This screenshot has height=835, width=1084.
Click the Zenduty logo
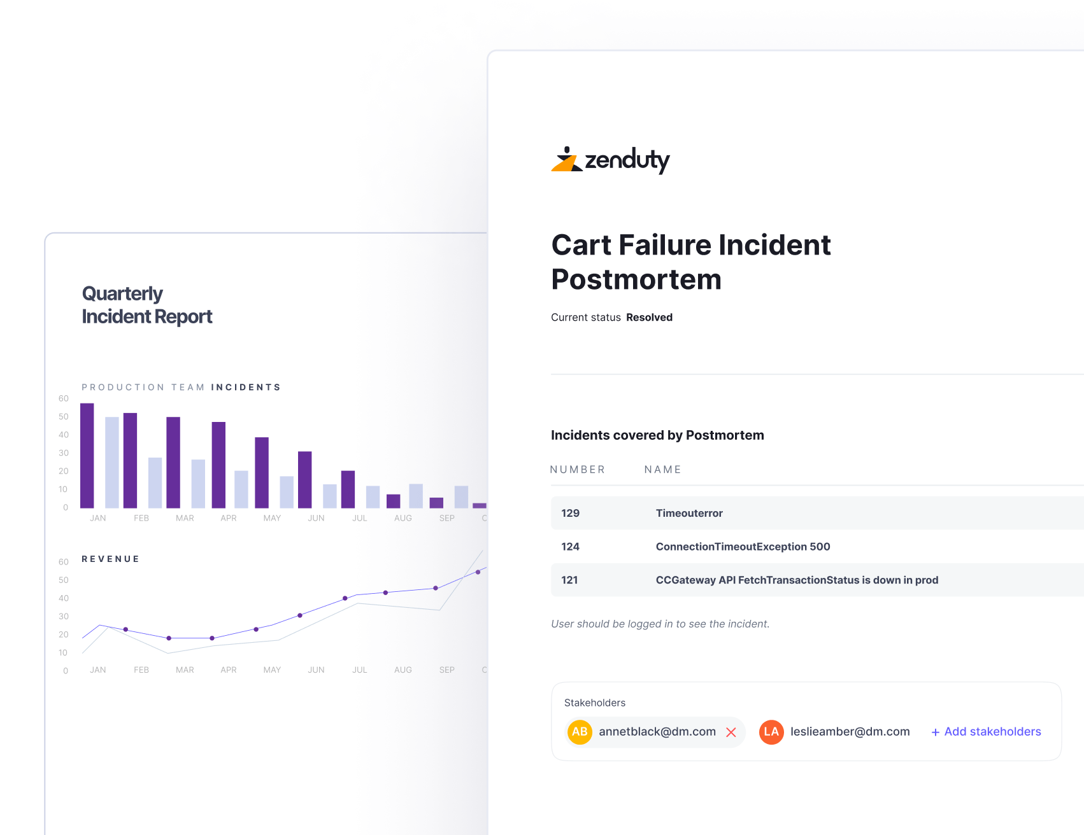(610, 160)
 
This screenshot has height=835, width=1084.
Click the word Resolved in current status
(649, 318)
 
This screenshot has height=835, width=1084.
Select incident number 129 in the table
(570, 513)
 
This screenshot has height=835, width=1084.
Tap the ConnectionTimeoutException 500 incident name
(743, 547)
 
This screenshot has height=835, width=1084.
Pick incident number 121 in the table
(569, 580)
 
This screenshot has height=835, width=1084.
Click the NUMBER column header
(577, 470)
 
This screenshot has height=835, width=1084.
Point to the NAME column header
(662, 470)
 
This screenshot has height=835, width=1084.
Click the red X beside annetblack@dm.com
(731, 733)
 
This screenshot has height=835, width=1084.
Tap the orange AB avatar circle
(580, 732)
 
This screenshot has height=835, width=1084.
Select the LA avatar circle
(771, 732)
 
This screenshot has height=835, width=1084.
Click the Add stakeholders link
(986, 732)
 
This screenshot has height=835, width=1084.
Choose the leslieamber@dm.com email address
(850, 732)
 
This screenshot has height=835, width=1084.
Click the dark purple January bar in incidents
(87, 456)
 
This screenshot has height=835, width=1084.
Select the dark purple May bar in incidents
(262, 472)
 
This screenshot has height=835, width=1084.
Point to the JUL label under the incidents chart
(360, 519)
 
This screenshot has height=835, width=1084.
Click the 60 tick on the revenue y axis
(64, 562)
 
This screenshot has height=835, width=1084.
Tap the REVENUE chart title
(110, 559)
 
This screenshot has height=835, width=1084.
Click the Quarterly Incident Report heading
(146, 305)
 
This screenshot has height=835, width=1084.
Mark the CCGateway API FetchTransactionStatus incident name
(797, 580)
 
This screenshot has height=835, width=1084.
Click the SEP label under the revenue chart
(446, 670)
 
